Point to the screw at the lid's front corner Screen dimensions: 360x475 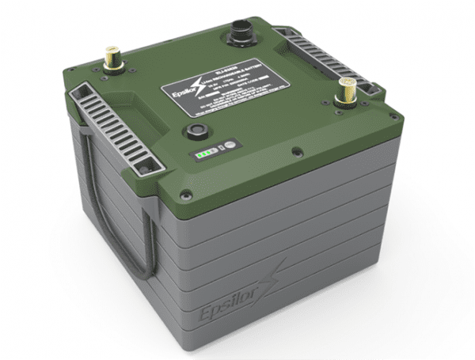(x=187, y=193)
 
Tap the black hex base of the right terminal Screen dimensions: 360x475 (x=346, y=100)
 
